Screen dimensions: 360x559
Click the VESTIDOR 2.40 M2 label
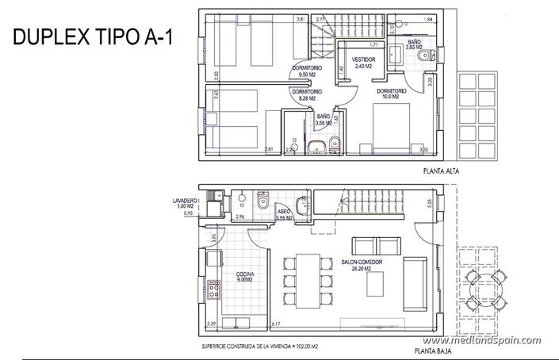(x=364, y=62)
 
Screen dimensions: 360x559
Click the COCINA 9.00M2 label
(x=244, y=277)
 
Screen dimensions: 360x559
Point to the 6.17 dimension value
(x=276, y=324)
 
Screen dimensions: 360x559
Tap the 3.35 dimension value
(x=424, y=149)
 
